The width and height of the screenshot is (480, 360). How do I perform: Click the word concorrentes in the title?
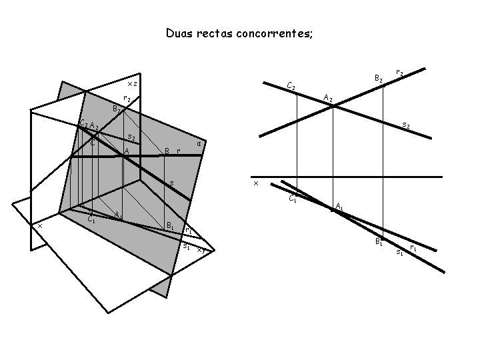(273, 33)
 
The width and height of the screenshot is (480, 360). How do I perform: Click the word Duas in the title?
(179, 33)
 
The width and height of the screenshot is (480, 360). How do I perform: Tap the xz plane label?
(132, 84)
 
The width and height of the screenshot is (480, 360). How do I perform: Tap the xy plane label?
(201, 251)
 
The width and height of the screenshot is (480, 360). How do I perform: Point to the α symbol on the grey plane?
(199, 144)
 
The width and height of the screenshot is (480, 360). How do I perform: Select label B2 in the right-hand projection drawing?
(378, 79)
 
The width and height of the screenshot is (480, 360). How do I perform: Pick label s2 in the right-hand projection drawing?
(405, 125)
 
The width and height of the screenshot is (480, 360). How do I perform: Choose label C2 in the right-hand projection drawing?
(291, 86)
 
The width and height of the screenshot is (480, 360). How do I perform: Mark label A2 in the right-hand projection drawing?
(327, 98)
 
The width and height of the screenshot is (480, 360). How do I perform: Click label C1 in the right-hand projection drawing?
(293, 198)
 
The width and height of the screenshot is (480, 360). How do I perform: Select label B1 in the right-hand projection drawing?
(379, 241)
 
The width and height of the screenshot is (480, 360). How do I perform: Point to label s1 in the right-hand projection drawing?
(399, 252)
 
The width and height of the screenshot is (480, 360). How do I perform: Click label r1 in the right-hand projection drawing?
(413, 247)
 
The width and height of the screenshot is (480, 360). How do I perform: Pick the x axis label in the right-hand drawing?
(255, 183)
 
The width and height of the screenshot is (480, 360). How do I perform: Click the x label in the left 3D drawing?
(40, 225)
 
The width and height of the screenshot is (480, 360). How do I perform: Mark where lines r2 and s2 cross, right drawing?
(333, 106)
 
